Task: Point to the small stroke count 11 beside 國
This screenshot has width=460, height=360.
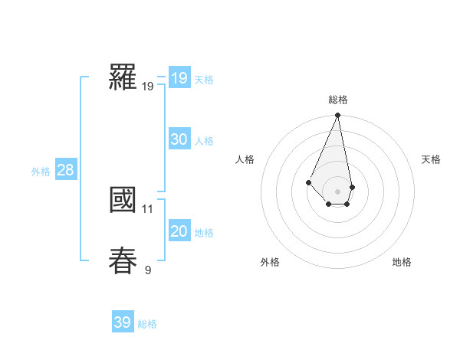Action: pyautogui.click(x=148, y=208)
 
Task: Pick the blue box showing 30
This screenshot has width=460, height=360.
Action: pyautogui.click(x=179, y=139)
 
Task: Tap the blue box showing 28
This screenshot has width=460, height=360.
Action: pyautogui.click(x=65, y=170)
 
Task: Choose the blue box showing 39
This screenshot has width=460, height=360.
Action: pyautogui.click(x=123, y=322)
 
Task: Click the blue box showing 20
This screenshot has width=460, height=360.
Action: pyautogui.click(x=179, y=231)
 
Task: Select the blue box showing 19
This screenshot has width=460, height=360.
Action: pyautogui.click(x=179, y=78)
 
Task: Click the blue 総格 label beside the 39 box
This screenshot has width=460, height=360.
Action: pyautogui.click(x=147, y=324)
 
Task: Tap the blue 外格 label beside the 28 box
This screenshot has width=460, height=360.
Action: pyautogui.click(x=41, y=172)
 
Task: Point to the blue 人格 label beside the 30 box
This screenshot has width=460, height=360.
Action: pyautogui.click(x=205, y=141)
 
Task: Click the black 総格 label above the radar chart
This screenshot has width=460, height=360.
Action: pyautogui.click(x=338, y=100)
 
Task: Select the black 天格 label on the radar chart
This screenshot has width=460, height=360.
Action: pyautogui.click(x=432, y=159)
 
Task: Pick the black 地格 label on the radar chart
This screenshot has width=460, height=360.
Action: pyautogui.click(x=402, y=262)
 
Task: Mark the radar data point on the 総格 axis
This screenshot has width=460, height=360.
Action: pyautogui.click(x=338, y=116)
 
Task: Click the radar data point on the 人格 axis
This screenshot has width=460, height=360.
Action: pyautogui.click(x=308, y=182)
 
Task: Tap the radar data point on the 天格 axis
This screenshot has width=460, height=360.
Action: pyautogui.click(x=352, y=187)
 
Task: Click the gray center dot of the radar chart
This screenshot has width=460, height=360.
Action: pyautogui.click(x=338, y=191)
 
